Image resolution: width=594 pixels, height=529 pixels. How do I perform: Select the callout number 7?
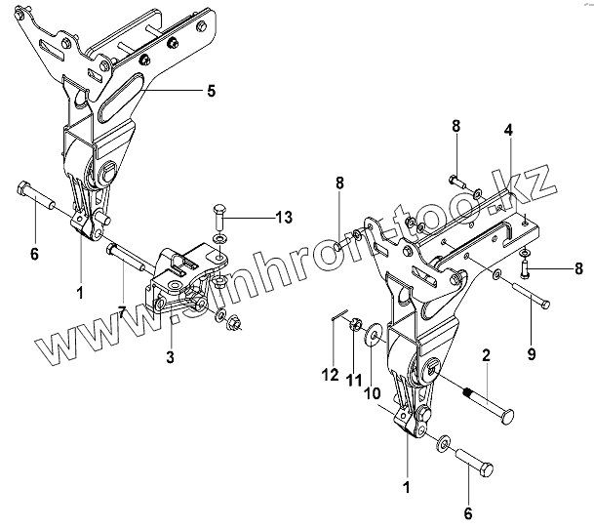click(x=122, y=312)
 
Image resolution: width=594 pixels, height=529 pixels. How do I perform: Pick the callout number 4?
click(x=509, y=130)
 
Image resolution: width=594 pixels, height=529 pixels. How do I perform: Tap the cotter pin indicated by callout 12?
click(x=338, y=313)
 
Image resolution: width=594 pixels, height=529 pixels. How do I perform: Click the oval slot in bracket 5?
click(x=120, y=97)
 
